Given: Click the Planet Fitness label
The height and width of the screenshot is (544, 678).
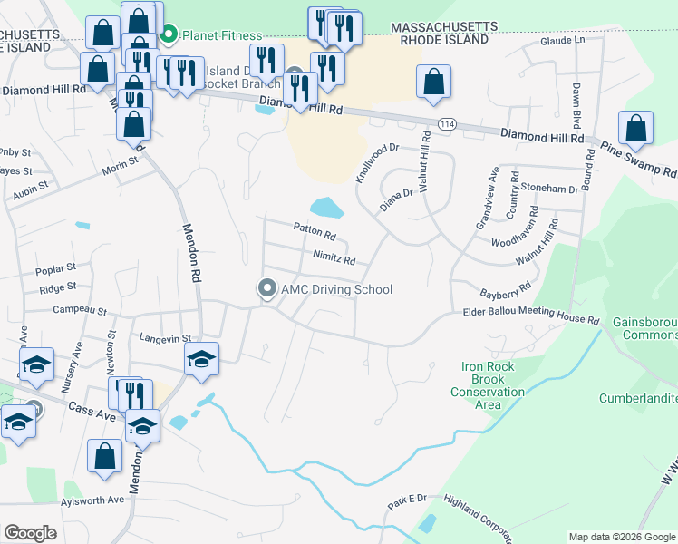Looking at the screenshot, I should coord(222,35).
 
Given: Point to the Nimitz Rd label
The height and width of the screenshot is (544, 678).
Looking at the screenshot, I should coord(334,259).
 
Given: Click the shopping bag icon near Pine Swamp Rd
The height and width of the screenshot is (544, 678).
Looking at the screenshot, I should coord(636,127).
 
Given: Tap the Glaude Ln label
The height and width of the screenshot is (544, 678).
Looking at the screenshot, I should coord(562,41).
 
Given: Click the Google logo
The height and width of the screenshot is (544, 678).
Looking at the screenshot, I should coord(31,532).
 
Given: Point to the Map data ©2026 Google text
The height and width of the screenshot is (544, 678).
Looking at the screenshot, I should coord(621,537).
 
